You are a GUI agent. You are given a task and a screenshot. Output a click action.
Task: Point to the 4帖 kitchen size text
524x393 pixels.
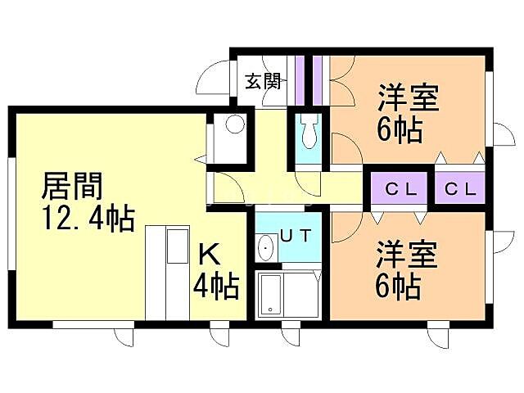click(216, 286)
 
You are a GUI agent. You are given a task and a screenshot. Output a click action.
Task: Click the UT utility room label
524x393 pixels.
click(296, 236)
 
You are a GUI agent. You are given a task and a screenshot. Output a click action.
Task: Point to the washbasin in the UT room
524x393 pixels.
click(266, 247)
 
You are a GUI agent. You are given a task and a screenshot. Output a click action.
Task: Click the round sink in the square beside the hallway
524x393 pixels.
click(234, 125)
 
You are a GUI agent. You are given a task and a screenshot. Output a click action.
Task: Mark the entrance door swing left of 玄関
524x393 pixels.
click(210, 83)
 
